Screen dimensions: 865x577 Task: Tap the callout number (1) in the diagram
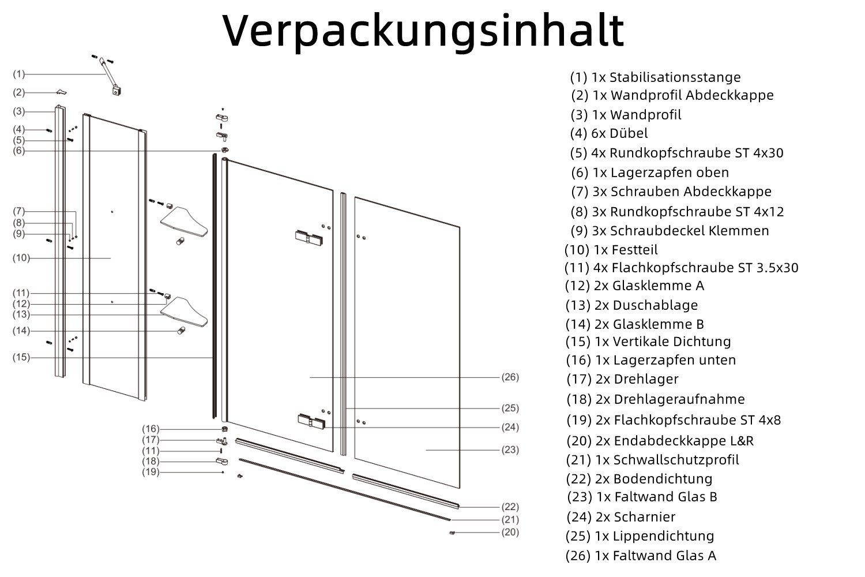(x=19, y=74)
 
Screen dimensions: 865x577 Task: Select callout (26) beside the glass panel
(x=510, y=377)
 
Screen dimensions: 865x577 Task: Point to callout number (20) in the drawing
(x=510, y=532)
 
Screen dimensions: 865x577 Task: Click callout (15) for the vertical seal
(x=21, y=357)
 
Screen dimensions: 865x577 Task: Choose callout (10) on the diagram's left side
(x=21, y=258)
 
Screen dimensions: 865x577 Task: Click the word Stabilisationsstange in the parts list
(x=675, y=77)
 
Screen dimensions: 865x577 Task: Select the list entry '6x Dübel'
(x=619, y=133)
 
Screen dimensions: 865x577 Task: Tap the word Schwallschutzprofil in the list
(x=676, y=460)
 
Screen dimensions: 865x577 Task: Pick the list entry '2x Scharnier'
(x=635, y=517)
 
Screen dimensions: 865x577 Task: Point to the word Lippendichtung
(x=663, y=536)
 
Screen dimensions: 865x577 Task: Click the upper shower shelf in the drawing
(x=184, y=222)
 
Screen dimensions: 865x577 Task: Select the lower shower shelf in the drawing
(x=184, y=312)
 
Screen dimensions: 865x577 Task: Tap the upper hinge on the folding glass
(x=309, y=237)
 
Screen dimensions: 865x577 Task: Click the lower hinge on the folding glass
(x=311, y=421)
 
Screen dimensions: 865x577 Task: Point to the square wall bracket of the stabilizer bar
(x=116, y=91)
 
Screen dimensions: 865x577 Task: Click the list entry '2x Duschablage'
(x=646, y=305)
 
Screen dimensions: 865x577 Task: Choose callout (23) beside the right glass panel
(x=510, y=450)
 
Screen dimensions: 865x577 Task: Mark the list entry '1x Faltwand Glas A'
(x=656, y=556)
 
